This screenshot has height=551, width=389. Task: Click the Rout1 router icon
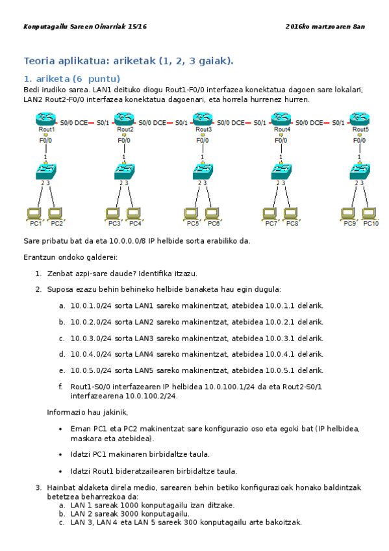pyautogui.click(x=46, y=119)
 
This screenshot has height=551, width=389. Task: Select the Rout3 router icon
pyautogui.click(x=203, y=119)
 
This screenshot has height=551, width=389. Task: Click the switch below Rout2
pyautogui.click(x=124, y=172)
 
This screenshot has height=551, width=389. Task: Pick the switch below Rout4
pyautogui.click(x=281, y=172)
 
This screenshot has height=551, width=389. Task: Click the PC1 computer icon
pyautogui.click(x=33, y=212)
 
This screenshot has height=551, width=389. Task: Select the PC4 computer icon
pyautogui.click(x=133, y=212)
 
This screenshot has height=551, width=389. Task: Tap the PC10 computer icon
pyautogui.click(x=368, y=212)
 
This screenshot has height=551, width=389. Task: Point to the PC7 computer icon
pyautogui.click(x=269, y=212)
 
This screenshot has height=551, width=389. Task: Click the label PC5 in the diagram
pyautogui.click(x=193, y=224)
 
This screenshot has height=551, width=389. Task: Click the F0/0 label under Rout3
pyautogui.click(x=203, y=140)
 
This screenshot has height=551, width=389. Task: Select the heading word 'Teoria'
pyautogui.click(x=40, y=61)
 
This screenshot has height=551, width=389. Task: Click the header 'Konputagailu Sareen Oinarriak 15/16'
pyautogui.click(x=85, y=27)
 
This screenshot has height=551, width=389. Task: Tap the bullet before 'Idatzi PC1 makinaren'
pyautogui.click(x=61, y=454)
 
